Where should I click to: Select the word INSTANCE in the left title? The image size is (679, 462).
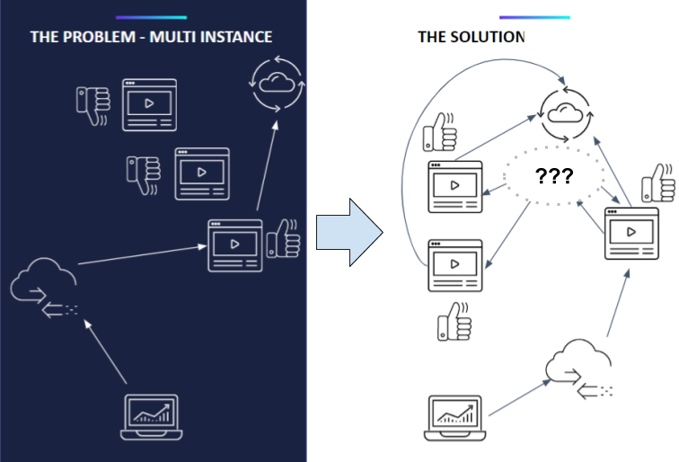click(234, 37)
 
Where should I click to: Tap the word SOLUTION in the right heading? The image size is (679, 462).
click(487, 37)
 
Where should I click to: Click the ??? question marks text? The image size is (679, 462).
click(553, 175)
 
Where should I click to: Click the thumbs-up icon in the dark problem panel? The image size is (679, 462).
click(285, 238)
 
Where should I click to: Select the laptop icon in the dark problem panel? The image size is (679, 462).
click(150, 417)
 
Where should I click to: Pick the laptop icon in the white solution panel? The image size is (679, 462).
click(453, 417)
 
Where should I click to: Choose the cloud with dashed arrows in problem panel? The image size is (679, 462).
click(45, 288)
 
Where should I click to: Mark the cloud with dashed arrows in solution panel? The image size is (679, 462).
click(580, 369)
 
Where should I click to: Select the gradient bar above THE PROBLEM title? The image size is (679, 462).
click(151, 17)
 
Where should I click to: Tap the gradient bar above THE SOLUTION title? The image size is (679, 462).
click(534, 17)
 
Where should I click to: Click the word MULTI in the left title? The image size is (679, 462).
click(178, 37)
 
